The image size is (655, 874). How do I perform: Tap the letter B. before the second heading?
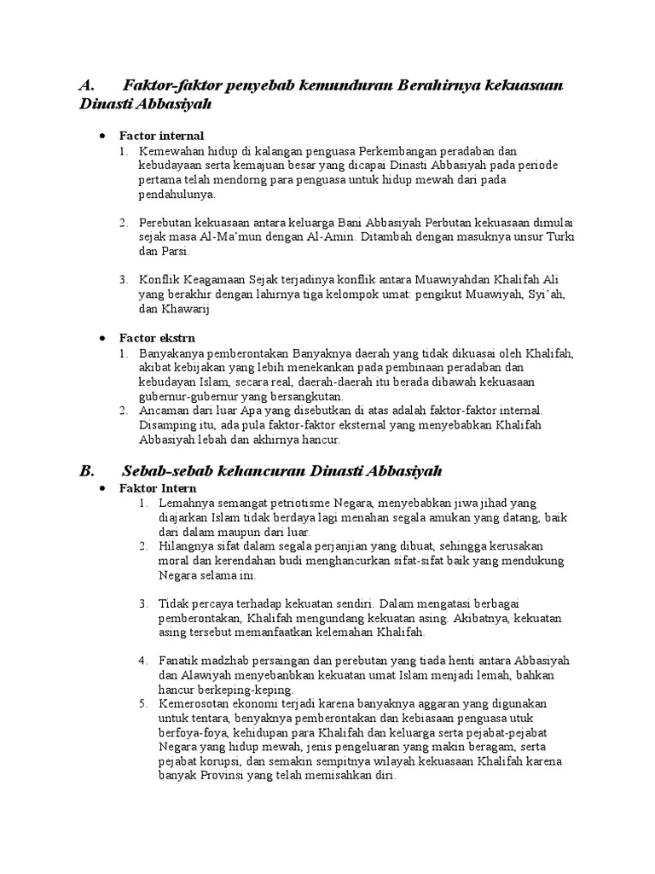click(x=86, y=470)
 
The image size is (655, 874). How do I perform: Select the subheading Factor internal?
click(x=161, y=136)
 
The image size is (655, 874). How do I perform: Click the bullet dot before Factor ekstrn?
click(x=102, y=339)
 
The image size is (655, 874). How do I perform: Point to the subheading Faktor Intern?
click(x=158, y=488)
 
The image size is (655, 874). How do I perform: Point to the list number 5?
click(x=144, y=704)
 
